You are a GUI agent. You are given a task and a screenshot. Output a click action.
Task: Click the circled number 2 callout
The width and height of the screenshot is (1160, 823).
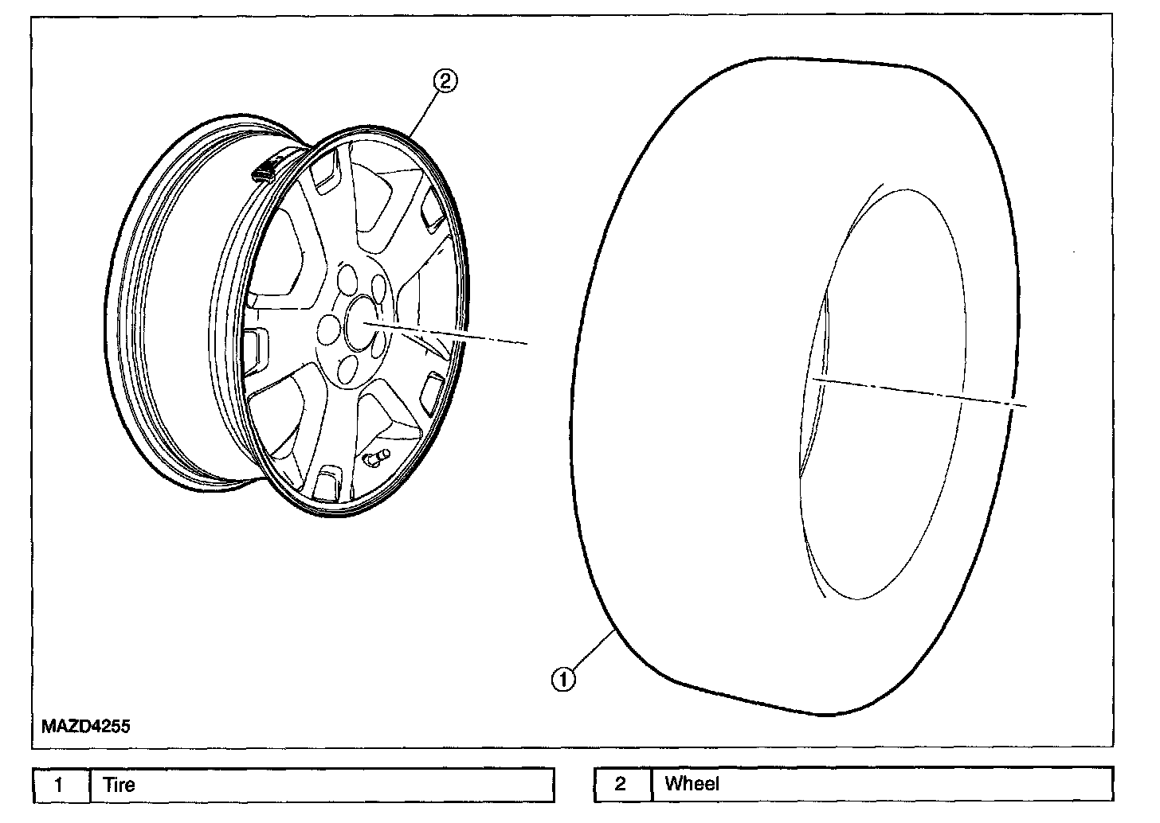pyautogui.click(x=445, y=80)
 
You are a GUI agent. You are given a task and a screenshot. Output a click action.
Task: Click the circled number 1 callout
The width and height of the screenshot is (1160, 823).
pyautogui.click(x=564, y=679)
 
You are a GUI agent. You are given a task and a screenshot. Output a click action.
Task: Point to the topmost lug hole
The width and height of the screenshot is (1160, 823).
pyautogui.click(x=349, y=279)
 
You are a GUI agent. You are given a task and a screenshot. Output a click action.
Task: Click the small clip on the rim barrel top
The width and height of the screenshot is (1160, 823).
pyautogui.click(x=266, y=169)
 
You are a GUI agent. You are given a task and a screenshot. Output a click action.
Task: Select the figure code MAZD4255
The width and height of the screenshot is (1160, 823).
pyautogui.click(x=86, y=726)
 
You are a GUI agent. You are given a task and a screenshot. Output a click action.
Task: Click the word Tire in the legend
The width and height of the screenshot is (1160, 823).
pyautogui.click(x=120, y=785)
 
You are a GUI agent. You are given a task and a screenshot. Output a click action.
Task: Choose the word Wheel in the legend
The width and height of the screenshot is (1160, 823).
pyautogui.click(x=692, y=785)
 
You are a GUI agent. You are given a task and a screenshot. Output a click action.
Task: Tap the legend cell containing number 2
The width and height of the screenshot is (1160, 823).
pyautogui.click(x=621, y=785)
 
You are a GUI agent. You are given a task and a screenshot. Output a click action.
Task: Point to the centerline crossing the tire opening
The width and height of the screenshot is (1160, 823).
pyautogui.click(x=916, y=392)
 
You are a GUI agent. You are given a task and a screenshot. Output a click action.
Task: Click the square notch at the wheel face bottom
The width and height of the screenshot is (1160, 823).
pyautogui.click(x=327, y=483)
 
